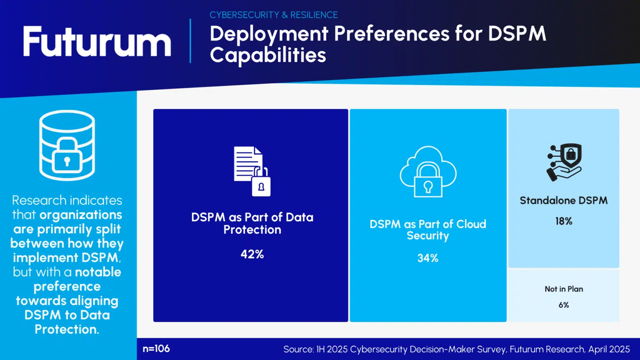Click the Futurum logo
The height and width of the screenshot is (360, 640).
pyautogui.click(x=97, y=42)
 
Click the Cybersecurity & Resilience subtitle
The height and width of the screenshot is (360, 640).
pyautogui.click(x=273, y=15)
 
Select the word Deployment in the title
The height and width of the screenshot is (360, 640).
pyautogui.click(x=269, y=34)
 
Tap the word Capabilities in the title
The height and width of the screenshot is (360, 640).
pyautogui.click(x=268, y=55)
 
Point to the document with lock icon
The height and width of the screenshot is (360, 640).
pyautogui.click(x=252, y=171)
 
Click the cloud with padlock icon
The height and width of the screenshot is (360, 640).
pyautogui.click(x=428, y=172)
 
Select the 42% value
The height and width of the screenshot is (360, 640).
pyautogui.click(x=252, y=254)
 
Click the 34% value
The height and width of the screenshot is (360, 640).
pyautogui.click(x=428, y=258)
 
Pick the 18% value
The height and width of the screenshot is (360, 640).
pyautogui.click(x=564, y=221)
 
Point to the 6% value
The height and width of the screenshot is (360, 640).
pyautogui.click(x=564, y=305)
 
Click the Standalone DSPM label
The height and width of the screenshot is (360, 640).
pyautogui.click(x=564, y=200)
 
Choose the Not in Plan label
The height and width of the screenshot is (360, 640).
pyautogui.click(x=564, y=289)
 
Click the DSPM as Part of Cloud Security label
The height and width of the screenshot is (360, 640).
pyautogui.click(x=428, y=230)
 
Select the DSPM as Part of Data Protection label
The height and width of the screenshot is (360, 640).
pyautogui.click(x=252, y=223)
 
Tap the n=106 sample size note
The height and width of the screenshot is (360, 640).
pyautogui.click(x=156, y=349)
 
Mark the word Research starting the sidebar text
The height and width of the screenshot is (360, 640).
pyautogui.click(x=39, y=200)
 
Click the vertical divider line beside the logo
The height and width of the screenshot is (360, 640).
pyautogui.click(x=190, y=41)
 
